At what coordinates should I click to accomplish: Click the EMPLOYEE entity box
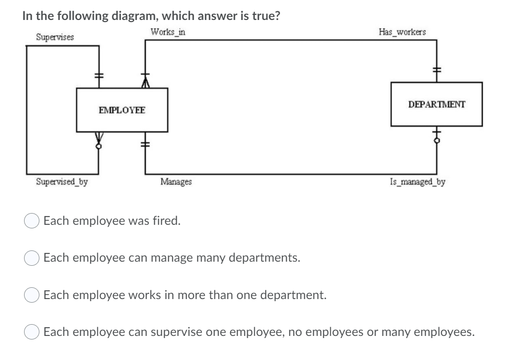[x=122, y=110]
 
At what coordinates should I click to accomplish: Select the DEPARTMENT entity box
[x=437, y=104]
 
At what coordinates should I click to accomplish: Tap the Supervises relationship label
[x=54, y=37]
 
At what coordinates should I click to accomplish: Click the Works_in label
[x=168, y=32]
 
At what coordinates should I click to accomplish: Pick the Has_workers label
[x=402, y=32]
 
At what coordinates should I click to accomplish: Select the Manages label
[x=176, y=181]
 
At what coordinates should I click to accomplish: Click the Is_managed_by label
[x=417, y=181]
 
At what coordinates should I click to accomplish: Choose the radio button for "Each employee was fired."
[x=32, y=222]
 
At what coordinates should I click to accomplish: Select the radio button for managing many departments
[x=32, y=258]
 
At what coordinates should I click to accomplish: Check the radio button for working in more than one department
[x=32, y=295]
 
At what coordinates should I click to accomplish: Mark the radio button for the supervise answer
[x=32, y=333]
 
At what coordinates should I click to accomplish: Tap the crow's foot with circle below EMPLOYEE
[x=99, y=139]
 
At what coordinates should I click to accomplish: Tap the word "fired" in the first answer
[x=166, y=221]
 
